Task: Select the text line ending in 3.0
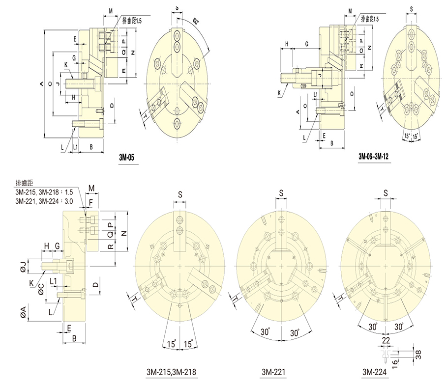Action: click(x=46, y=201)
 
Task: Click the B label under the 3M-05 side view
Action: click(x=91, y=147)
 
